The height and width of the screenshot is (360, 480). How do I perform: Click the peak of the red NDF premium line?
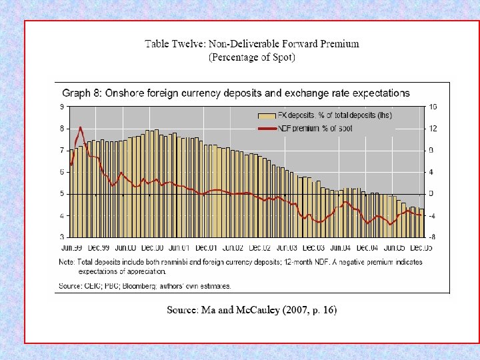point(81,127)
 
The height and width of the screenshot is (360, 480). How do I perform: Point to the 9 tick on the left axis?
point(62,107)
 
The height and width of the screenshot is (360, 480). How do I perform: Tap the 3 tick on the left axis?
point(62,237)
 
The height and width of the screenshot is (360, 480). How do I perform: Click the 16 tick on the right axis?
point(432,107)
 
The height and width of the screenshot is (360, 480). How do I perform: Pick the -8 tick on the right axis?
point(432,237)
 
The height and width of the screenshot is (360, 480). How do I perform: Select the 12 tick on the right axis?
point(432,128)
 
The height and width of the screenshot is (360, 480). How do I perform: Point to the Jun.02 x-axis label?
point(233,247)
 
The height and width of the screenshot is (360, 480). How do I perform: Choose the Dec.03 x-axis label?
point(313,247)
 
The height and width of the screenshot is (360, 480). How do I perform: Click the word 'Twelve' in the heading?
point(189,44)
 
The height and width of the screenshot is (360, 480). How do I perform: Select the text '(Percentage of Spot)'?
point(252,57)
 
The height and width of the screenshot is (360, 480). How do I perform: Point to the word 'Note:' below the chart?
point(66,263)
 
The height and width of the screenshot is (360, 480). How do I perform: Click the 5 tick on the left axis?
point(62,194)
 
